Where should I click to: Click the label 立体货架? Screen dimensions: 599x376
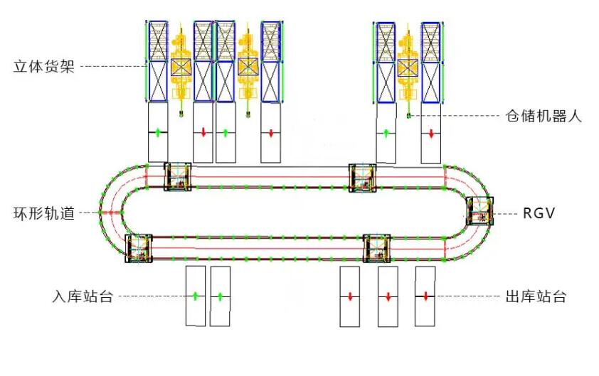[x=44, y=66]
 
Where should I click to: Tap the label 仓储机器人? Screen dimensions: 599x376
[x=544, y=116]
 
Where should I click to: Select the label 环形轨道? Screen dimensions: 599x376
[x=44, y=213]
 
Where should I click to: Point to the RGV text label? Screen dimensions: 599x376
[x=539, y=213]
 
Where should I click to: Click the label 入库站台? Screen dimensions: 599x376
[x=83, y=296]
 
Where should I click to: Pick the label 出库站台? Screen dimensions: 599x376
[x=536, y=296]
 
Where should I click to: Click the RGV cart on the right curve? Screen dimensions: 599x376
[x=479, y=211]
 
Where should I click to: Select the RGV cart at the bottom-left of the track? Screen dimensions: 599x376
[x=139, y=249]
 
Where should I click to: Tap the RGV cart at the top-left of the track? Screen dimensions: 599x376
[x=178, y=177]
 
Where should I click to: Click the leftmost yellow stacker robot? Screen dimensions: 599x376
[x=181, y=69]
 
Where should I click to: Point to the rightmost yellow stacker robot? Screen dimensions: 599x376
[x=408, y=69]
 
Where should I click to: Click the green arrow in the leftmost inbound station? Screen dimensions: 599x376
[x=195, y=296]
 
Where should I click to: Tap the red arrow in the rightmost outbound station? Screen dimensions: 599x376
[x=426, y=296]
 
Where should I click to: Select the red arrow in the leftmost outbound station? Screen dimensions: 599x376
[x=350, y=296]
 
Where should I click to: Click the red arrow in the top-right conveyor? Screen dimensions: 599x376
[x=431, y=134]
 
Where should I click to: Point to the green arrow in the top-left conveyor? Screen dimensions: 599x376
[x=158, y=133]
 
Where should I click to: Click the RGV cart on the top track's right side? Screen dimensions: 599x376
[x=363, y=178]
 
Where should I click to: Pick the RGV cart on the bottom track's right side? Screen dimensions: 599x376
[x=376, y=249]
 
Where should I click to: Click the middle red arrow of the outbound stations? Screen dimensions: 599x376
[x=388, y=296]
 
